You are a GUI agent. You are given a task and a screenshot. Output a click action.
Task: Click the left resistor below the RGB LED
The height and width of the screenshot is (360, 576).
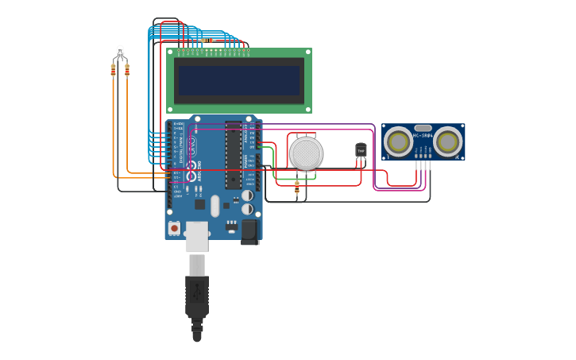tap(114, 71)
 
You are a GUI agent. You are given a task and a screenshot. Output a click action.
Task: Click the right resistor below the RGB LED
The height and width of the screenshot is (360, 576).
tap(127, 71)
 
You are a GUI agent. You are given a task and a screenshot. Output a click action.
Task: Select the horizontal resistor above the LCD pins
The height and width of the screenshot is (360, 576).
tap(209, 40)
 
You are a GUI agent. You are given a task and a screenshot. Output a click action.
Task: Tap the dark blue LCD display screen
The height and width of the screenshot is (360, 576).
tap(239, 80)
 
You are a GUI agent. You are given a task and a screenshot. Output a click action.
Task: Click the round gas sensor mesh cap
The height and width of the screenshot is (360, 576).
tap(306, 153)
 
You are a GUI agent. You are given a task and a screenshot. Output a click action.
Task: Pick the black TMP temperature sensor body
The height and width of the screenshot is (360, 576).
tap(361, 150)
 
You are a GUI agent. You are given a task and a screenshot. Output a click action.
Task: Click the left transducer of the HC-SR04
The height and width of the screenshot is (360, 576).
tap(398, 141)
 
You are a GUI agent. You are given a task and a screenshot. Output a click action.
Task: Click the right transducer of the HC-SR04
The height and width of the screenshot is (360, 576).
tap(447, 141)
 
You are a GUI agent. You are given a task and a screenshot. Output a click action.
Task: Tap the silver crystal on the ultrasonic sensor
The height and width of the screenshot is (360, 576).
tap(423, 128)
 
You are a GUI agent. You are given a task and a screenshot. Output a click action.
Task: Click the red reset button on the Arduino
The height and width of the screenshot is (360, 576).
tap(173, 227)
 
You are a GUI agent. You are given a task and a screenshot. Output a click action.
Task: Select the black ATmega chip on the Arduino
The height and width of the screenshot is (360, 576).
tap(233, 154)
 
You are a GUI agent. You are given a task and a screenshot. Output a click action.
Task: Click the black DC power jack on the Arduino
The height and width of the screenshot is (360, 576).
tap(249, 230)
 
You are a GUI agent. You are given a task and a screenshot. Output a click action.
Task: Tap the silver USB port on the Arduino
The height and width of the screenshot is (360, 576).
tap(196, 235)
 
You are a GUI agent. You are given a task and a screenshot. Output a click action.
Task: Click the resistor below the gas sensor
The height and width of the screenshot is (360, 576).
tap(297, 188)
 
